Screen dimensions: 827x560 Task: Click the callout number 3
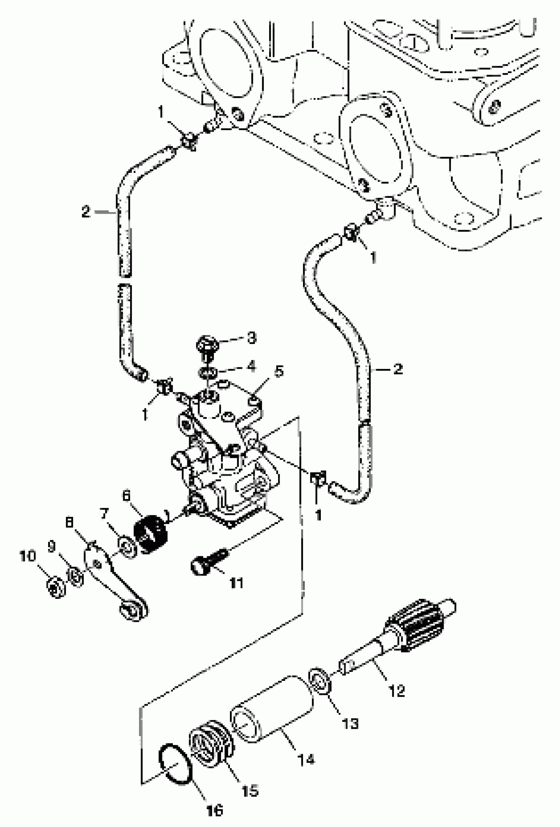[x=252, y=338]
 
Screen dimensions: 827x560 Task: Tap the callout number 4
[x=252, y=365]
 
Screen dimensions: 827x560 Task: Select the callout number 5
[x=279, y=371]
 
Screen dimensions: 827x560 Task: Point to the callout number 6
[x=126, y=496]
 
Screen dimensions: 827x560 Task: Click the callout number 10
[x=28, y=556]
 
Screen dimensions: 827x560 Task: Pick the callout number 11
[x=237, y=583]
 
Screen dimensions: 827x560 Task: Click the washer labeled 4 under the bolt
[x=207, y=373]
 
